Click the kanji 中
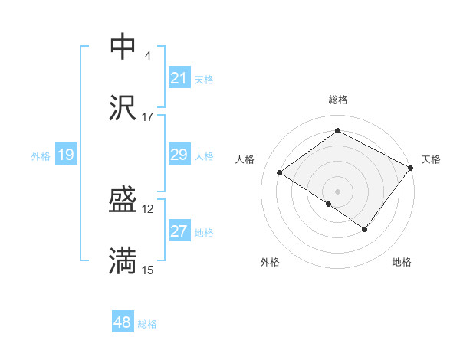point(123,47)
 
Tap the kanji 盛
point(123,201)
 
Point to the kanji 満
point(123,261)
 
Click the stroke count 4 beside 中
point(147,56)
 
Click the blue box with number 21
point(179,78)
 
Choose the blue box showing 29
point(179,155)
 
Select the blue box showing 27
point(179,232)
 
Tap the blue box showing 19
point(66,155)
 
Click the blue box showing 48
point(123,323)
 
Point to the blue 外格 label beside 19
point(41,156)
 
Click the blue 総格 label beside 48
point(147,324)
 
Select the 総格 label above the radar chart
point(337,100)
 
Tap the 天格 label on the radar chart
point(431,159)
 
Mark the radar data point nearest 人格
point(280,173)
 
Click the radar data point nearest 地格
point(365,229)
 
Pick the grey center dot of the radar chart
point(337,191)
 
